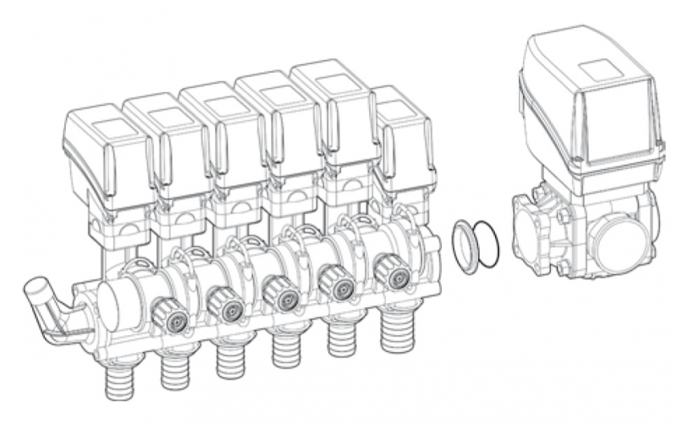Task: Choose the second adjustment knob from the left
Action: tap(224, 304)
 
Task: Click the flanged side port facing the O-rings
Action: tap(528, 231)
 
